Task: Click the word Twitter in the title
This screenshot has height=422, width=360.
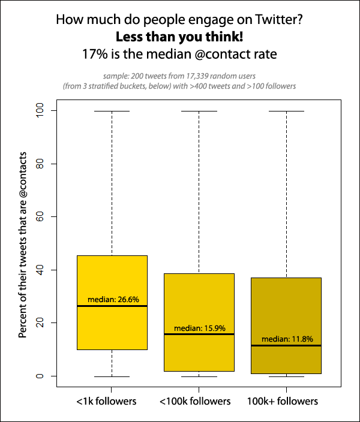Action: pyautogui.click(x=280, y=20)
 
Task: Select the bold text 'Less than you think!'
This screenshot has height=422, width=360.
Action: pyautogui.click(x=179, y=37)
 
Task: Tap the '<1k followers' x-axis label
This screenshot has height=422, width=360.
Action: pyautogui.click(x=107, y=401)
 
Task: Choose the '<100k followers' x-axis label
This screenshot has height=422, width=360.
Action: pyautogui.click(x=195, y=401)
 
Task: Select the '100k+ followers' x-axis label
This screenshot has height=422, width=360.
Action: pyautogui.click(x=282, y=401)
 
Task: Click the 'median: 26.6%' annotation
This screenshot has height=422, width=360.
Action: pyautogui.click(x=113, y=299)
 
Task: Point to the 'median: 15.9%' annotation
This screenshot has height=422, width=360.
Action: pyautogui.click(x=200, y=328)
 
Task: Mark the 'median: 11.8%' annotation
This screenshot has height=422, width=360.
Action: pyautogui.click(x=287, y=339)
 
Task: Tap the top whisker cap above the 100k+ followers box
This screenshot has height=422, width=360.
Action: pyautogui.click(x=286, y=111)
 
